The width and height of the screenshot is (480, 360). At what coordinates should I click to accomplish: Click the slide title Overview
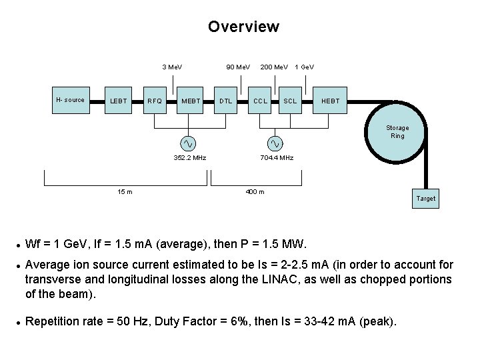coord(243,27)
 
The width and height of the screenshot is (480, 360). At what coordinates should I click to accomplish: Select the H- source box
coord(70,100)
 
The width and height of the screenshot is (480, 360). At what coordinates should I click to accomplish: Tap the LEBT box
coord(119,101)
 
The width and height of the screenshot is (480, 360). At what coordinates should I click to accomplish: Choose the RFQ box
coord(155,101)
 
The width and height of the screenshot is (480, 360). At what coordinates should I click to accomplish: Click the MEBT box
coord(191,101)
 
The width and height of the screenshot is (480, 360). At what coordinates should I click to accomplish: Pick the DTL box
coord(226,101)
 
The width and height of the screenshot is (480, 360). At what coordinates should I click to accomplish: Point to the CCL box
coord(260,101)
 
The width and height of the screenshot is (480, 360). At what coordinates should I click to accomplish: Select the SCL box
coord(290,101)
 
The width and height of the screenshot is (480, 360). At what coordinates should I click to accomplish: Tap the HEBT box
coord(331,101)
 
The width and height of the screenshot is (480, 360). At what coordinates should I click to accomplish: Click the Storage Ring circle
coord(397,132)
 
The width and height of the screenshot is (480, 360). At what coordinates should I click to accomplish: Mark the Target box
coord(425,198)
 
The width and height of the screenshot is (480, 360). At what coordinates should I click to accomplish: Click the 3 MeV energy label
coord(172,67)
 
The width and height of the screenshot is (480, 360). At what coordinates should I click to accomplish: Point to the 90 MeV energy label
coord(238,67)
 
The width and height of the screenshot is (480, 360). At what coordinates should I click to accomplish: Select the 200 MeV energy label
coord(274,67)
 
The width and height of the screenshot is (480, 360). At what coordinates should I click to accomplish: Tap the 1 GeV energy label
coord(305,67)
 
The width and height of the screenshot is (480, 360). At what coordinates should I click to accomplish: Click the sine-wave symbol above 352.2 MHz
coord(189,143)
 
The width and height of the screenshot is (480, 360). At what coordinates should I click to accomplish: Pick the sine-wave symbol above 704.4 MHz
coord(275,143)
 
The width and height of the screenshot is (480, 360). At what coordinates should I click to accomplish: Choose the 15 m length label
coord(125,192)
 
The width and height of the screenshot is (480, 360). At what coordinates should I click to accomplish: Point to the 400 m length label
coord(255,192)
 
